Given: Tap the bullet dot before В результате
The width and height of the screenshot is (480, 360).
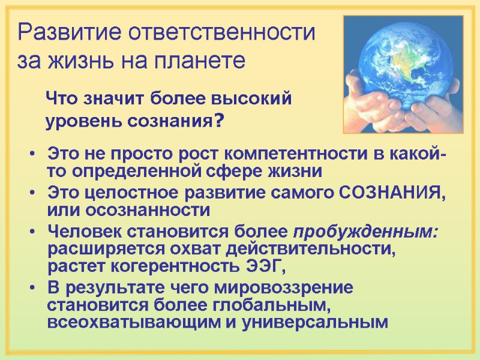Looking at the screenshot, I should point(32,288).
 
